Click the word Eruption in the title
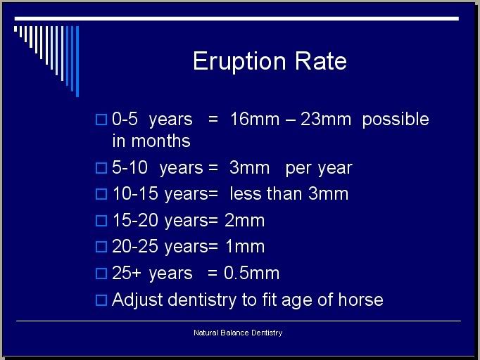pos(239,62)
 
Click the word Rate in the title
pos(321,61)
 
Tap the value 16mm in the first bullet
pos(255,119)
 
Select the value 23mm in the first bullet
pos(326,119)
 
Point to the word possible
pos(396,120)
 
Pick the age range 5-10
pos(130,167)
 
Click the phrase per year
pos(319,169)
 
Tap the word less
pos(246,193)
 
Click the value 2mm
pos(245,220)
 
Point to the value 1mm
pos(245,246)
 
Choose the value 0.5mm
pos(252,273)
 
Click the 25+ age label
pos(127,273)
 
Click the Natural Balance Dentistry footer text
pos(238,333)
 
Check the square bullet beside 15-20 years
pos(101,221)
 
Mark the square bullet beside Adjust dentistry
pos(101,300)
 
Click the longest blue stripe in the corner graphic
pos(77,61)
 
